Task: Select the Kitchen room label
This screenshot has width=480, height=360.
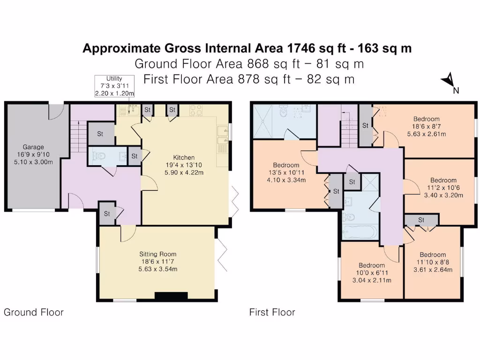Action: [x=184, y=165]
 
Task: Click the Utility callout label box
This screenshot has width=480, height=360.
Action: [x=114, y=86]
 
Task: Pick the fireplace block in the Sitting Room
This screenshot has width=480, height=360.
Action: [x=171, y=296]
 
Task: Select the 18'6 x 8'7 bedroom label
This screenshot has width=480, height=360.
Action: [x=427, y=126]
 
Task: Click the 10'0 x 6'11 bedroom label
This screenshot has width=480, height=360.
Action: [x=372, y=273]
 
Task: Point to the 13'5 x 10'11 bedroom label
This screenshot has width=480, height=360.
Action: [x=286, y=172]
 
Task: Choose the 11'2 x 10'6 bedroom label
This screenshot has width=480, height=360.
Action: [x=443, y=187]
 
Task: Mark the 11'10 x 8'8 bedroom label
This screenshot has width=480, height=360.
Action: [x=432, y=262]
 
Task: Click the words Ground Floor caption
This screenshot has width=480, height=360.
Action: [x=33, y=312]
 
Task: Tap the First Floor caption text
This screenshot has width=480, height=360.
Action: [x=272, y=312]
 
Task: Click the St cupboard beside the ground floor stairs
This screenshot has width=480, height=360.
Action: [x=100, y=134]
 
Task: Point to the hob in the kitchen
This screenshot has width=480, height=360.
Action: [x=196, y=111]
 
